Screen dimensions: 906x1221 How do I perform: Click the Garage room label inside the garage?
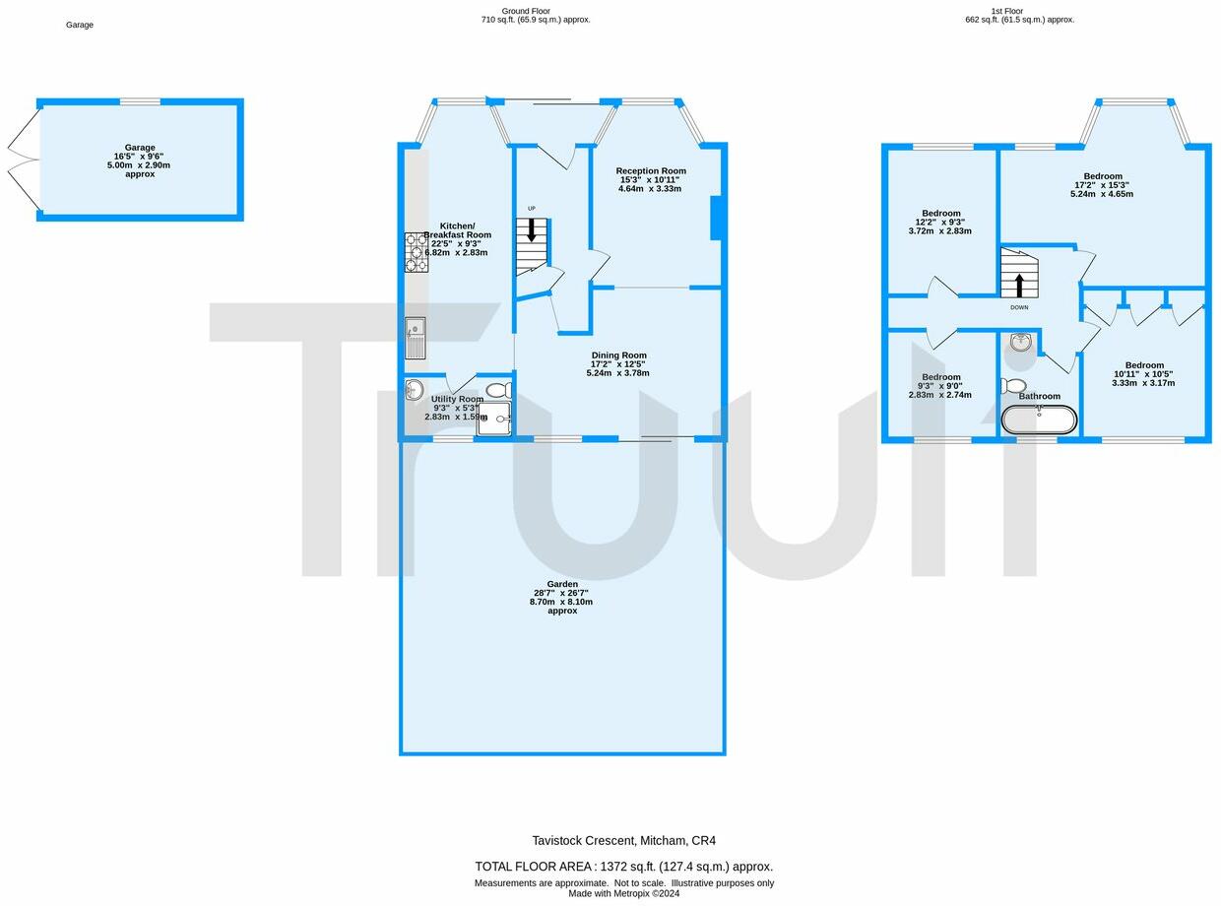[140, 148]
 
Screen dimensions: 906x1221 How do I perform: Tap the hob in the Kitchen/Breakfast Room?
[416, 252]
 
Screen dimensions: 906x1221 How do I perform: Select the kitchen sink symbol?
[415, 337]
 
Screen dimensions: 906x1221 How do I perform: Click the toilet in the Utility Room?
[498, 390]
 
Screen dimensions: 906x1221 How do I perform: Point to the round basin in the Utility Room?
[414, 389]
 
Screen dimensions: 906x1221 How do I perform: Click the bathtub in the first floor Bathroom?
[1039, 420]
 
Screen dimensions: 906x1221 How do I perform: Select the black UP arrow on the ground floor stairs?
[532, 231]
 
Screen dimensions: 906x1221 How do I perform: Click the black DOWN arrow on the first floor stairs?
[1018, 285]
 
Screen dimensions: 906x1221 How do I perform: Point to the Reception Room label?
[651, 171]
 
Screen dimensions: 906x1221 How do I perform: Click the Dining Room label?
[618, 356]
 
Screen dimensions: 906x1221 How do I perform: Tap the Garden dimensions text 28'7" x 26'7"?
[561, 593]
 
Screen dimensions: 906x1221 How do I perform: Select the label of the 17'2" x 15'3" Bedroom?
[1102, 176]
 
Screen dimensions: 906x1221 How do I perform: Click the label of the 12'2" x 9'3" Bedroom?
[940, 214]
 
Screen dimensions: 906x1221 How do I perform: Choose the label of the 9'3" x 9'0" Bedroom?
[940, 377]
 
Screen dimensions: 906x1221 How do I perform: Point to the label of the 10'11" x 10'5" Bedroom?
[1144, 365]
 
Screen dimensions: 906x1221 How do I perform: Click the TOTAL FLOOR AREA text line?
[623, 867]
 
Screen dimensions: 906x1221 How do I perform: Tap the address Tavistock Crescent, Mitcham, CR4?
[623, 841]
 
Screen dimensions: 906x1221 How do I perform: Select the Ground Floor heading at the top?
[526, 11]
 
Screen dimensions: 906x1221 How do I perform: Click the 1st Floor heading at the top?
[1008, 11]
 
